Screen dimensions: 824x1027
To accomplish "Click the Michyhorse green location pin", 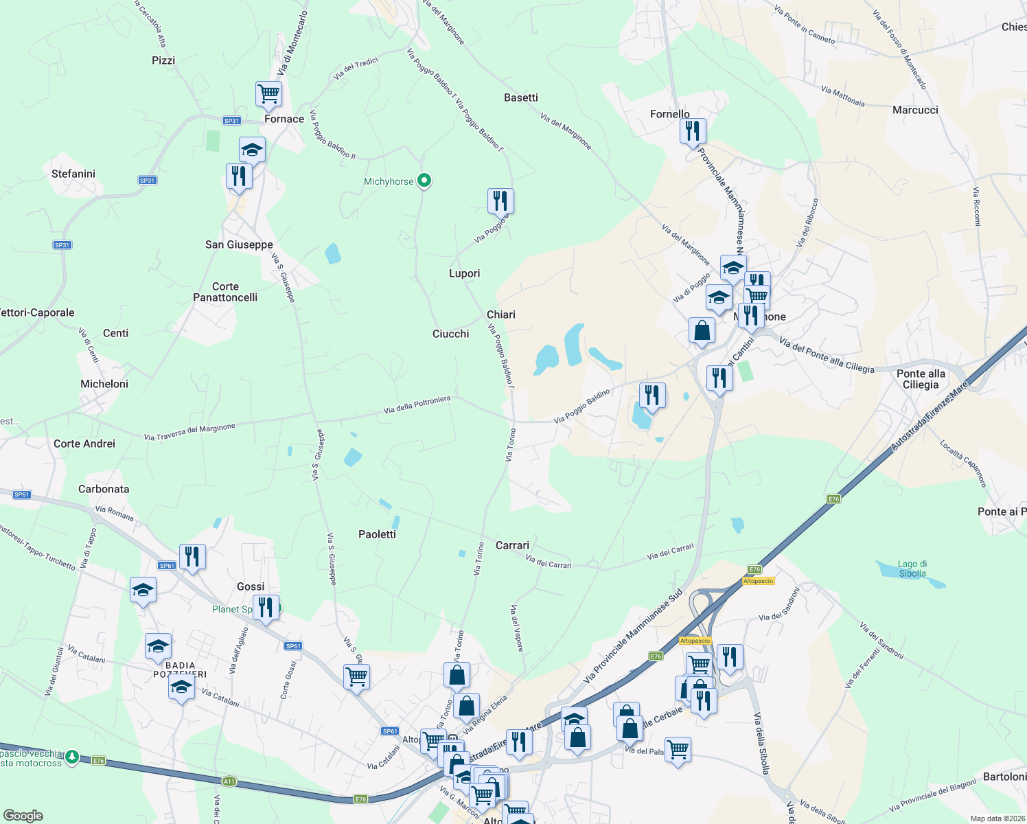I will pos(424,181).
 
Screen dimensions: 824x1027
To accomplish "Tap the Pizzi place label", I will pos(163,60).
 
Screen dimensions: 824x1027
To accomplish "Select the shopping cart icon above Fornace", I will pos(268,93).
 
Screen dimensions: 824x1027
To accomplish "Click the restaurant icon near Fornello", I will pos(693,130).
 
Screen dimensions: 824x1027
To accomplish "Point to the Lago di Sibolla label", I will pos(912,569).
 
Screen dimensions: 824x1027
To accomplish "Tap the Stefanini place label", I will pos(73,174).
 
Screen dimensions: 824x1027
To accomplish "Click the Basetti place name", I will pos(521,98).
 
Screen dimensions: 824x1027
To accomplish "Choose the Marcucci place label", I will pos(915,110).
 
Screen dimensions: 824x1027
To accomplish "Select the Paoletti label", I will pos(377,534).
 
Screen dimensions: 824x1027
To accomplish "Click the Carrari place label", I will pos(512,545).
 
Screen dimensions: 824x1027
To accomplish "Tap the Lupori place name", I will pos(464,273).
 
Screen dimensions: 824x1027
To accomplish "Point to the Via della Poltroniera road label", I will pos(417,405).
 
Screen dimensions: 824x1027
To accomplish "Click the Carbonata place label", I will pos(104,489).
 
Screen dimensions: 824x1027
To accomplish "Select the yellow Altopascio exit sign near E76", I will pos(758,581).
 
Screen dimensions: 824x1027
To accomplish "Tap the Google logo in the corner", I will pos(23,815).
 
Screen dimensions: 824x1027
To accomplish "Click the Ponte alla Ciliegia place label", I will pos(921,379).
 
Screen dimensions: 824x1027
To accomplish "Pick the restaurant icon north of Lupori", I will pos(500,201).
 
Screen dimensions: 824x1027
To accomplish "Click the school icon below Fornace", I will pos(252,150).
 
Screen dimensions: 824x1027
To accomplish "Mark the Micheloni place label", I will pos(104,384).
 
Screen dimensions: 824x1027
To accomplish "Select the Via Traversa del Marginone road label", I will pos(189,432).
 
